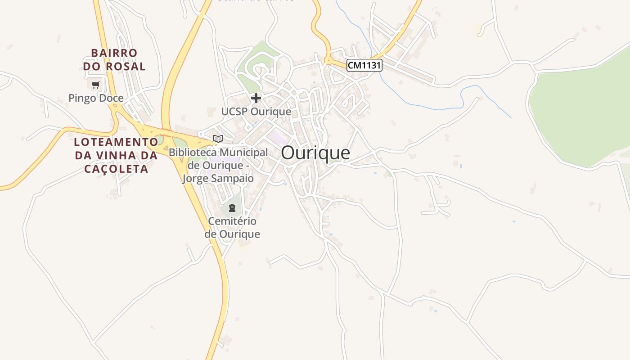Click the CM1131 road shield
[x=364, y=65]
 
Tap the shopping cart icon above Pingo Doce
[x=96, y=84]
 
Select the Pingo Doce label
[x=96, y=98]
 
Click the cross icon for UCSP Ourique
[x=256, y=98]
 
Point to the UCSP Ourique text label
[x=256, y=111]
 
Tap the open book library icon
[x=218, y=139]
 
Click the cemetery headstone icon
[x=232, y=208]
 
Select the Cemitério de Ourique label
[x=232, y=228]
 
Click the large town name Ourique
[x=315, y=153]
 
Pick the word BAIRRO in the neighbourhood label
[x=114, y=53]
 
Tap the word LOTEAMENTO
[x=116, y=142]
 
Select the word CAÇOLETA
[x=116, y=169]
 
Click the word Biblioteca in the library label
[x=193, y=153]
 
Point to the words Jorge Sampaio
[x=218, y=178]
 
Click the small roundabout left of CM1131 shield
[x=329, y=60]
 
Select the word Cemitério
[x=232, y=221]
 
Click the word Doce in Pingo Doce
[x=112, y=98]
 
